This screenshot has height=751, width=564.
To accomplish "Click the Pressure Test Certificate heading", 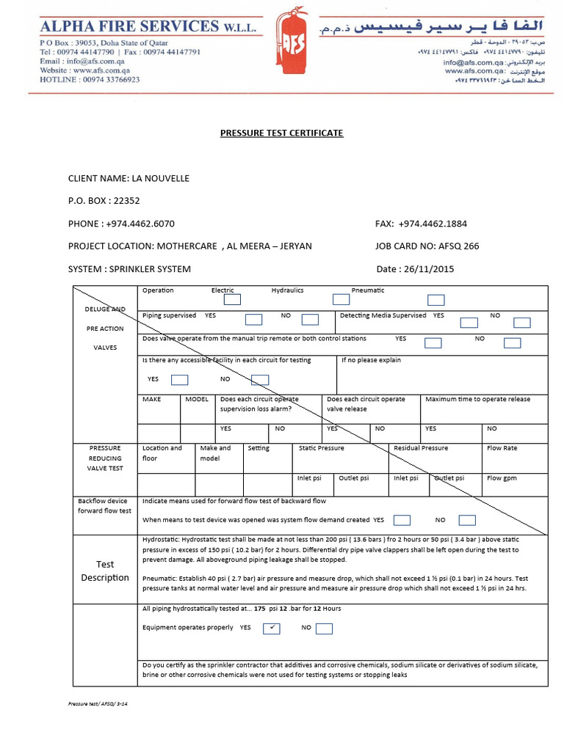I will coord(282,133).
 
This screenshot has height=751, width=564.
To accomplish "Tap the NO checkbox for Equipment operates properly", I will coord(324,629).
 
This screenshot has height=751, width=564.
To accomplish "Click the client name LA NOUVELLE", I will coord(160,178).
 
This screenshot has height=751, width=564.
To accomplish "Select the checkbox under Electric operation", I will coord(232,299).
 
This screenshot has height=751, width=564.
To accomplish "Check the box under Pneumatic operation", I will coord(436,299).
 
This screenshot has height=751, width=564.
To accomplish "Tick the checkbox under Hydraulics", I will coord(341,299).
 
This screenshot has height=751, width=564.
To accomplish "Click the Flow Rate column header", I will coord(502,448).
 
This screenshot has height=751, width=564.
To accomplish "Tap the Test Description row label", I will coord(105,571).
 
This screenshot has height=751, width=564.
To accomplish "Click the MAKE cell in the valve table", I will coord(152,400).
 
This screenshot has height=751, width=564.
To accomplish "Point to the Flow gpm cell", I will coord(502,478).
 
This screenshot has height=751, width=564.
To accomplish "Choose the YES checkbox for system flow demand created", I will coord(402,520).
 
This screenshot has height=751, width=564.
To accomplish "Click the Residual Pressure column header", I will coord(421,448).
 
